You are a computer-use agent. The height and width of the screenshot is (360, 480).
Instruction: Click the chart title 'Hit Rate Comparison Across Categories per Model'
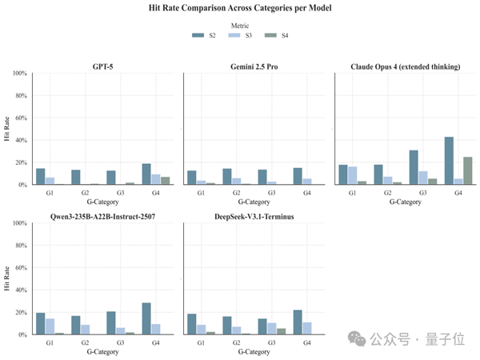point(241,8)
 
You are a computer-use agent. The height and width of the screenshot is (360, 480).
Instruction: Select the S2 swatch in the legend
point(198,36)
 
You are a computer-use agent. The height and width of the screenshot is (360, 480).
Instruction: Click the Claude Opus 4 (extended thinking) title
point(405,66)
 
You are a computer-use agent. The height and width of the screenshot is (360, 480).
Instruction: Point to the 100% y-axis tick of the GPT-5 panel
point(19,74)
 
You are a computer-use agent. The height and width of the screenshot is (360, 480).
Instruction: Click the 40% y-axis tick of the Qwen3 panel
point(21,290)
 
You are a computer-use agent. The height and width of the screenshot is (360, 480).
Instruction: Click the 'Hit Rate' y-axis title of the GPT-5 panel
point(6,129)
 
